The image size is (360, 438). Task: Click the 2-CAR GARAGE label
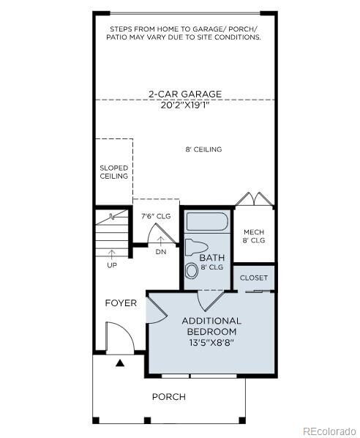tap(184, 94)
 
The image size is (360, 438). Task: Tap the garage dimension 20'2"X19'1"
tap(184, 104)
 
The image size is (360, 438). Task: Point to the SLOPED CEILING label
tap(113, 172)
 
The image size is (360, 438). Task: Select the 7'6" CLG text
tap(156, 216)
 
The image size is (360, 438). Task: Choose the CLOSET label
tap(253, 278)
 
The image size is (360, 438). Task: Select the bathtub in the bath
tap(206, 221)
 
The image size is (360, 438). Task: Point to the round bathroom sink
tap(192, 270)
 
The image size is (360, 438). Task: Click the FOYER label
tap(121, 303)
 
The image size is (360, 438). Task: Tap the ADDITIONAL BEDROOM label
tap(211, 326)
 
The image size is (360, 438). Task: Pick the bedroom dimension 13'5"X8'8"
tap(211, 342)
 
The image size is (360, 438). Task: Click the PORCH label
tap(168, 397)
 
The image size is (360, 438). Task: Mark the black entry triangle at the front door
tap(119, 362)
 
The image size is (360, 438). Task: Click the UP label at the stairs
tap(112, 265)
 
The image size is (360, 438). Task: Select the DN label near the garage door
tap(161, 252)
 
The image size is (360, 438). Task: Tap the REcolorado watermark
tap(329, 430)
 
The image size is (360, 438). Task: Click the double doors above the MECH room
tap(253, 199)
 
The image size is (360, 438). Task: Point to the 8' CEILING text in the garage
tap(203, 149)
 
